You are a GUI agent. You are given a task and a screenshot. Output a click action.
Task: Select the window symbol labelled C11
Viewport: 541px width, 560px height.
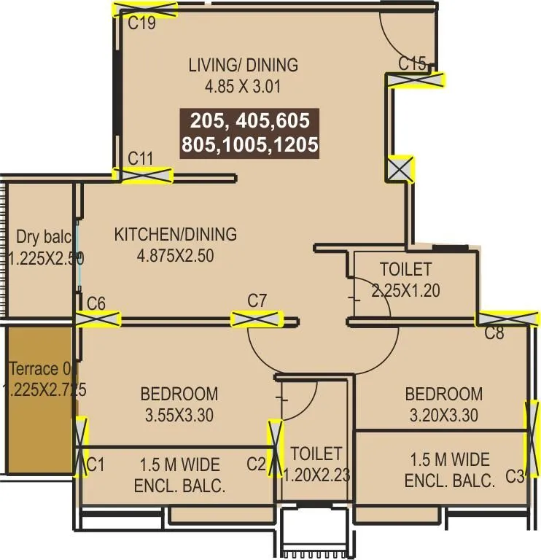point(146,176)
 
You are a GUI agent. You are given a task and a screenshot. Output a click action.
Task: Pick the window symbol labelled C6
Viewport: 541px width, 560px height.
point(98,319)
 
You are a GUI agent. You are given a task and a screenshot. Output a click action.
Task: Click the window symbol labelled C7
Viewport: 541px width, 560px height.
point(256,319)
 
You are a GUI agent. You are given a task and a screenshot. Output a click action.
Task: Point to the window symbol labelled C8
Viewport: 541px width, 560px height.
point(507,318)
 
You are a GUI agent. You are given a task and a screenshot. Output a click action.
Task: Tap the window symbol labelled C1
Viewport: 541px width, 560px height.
point(81,446)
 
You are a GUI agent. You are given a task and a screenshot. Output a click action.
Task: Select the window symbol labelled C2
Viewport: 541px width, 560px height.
point(275,446)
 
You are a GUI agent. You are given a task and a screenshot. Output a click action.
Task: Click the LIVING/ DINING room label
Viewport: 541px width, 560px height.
point(243,65)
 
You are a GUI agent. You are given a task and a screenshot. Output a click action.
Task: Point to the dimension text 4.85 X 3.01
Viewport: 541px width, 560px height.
point(243,86)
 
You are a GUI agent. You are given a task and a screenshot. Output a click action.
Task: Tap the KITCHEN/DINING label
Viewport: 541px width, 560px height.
point(175,235)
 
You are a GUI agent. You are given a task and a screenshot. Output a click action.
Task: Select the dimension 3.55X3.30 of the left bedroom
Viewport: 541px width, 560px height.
point(179,416)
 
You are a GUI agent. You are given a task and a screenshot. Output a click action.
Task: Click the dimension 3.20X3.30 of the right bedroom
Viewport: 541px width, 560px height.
point(443,416)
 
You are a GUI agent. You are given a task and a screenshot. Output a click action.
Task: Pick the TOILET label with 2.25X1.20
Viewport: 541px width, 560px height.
point(405,269)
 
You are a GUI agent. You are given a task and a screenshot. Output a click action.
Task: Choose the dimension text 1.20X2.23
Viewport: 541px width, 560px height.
point(316,475)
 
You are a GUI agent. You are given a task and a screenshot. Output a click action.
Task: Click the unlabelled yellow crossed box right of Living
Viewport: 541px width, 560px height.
point(400,170)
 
